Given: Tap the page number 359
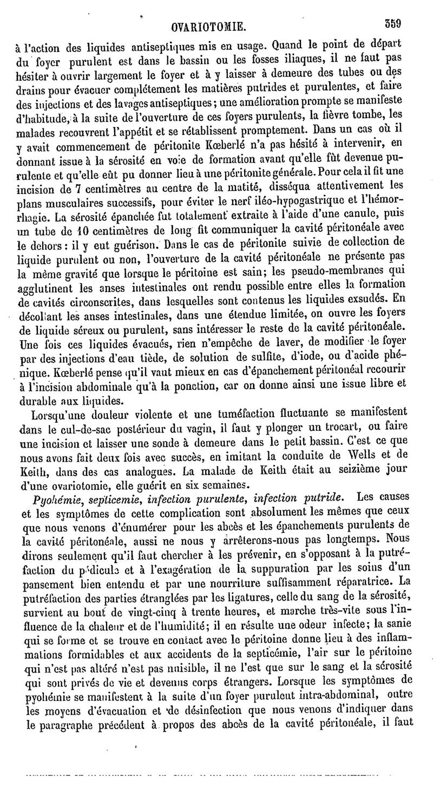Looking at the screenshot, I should (x=412, y=24).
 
